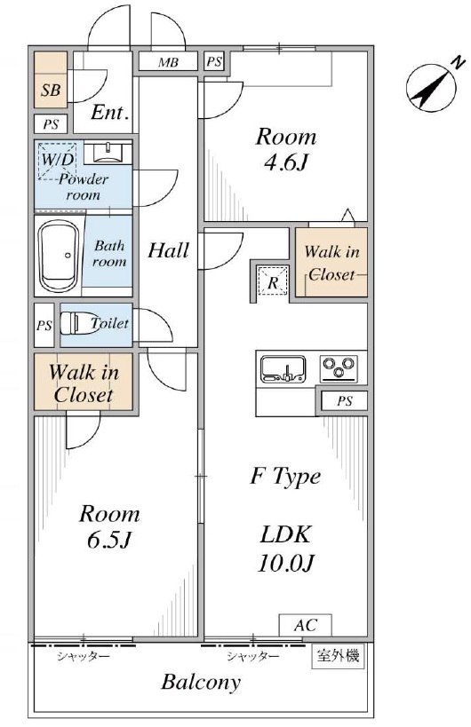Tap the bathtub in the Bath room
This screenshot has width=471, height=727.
click(58, 255)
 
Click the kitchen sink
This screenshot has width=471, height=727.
click(283, 368)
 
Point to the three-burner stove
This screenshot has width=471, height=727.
click(339, 368)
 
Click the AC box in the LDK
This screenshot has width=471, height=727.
click(305, 625)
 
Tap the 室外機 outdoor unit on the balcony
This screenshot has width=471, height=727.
click(338, 656)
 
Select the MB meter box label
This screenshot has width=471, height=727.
click(168, 62)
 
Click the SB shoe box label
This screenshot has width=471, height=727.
click(51, 90)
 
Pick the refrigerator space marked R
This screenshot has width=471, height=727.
click(273, 282)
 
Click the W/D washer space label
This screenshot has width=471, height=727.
click(58, 160)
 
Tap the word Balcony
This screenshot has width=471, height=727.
click(201, 682)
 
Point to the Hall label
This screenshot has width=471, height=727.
click(169, 250)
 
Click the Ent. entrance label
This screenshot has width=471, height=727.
click(109, 112)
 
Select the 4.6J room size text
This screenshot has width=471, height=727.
click(286, 162)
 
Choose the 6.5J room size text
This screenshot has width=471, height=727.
click(109, 540)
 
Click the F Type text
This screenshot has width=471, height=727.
click(285, 476)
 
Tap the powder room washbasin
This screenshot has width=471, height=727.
click(108, 153)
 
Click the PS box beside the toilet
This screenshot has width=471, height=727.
click(44, 326)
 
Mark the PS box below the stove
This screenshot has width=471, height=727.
click(344, 400)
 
